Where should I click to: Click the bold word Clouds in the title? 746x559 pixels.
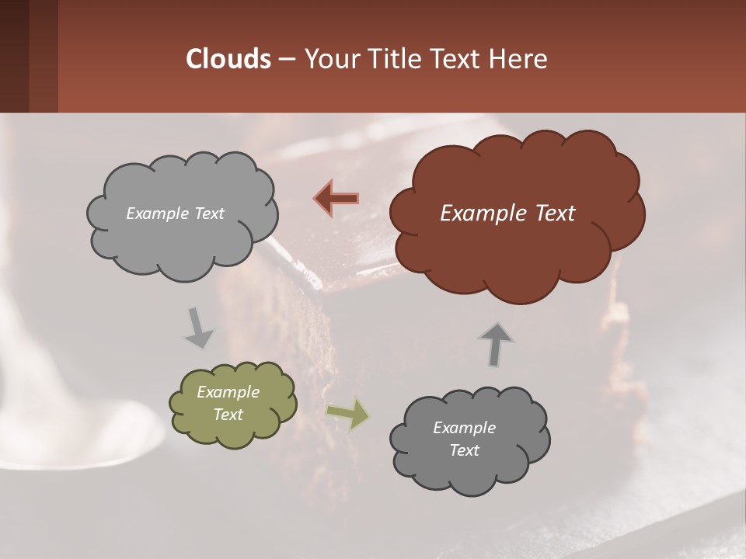click(x=228, y=59)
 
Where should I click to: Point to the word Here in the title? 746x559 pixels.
click(x=520, y=59)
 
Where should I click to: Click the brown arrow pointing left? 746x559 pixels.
click(x=336, y=198)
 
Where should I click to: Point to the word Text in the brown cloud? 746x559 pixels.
click(x=555, y=214)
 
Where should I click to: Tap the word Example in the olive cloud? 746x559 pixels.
click(x=228, y=392)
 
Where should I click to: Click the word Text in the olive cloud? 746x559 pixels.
click(x=228, y=415)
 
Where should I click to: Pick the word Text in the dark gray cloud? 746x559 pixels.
click(x=464, y=450)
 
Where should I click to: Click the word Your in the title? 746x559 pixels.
click(x=327, y=59)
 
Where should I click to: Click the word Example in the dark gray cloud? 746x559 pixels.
click(x=464, y=428)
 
